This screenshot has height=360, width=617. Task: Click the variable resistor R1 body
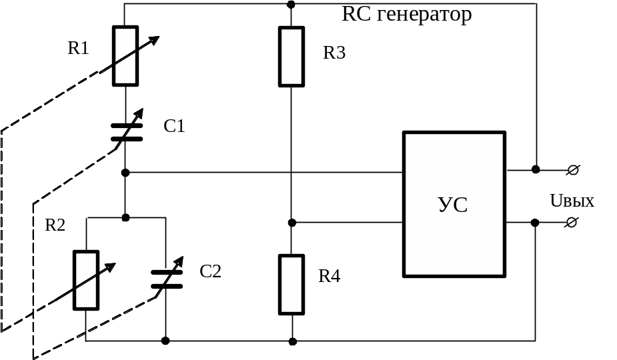coord(125,56)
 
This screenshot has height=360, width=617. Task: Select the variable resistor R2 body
coord(85,280)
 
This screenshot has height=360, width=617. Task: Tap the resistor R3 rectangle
coord(291,57)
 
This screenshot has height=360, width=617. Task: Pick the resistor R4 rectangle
coord(291,285)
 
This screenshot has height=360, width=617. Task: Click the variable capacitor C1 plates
coord(126,132)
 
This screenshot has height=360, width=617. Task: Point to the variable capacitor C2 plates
coord(166,279)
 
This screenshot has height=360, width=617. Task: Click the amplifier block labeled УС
coord(454,205)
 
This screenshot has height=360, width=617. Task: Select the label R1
coord(79,48)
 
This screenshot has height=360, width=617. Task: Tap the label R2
coord(55,225)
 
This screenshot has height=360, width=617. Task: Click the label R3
coord(334,53)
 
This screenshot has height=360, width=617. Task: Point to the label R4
coord(330,276)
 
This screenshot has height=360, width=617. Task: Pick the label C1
coord(174,126)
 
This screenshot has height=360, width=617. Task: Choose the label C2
coord(211,271)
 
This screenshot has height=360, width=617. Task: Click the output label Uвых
coord(572,201)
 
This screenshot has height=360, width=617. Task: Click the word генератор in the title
coord(424,15)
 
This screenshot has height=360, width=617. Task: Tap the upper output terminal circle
coord(572,170)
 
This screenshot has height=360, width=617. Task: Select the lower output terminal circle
coord(572,222)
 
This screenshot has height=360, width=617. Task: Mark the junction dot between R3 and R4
coord(291,222)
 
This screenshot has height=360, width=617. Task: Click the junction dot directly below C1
coord(125,173)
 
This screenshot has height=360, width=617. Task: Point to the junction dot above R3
coord(291,5)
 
